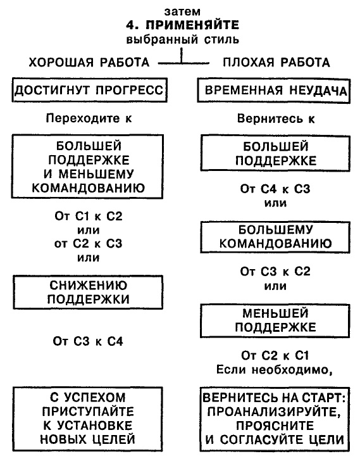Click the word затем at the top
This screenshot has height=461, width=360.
point(183,11)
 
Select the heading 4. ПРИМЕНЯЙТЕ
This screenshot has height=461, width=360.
point(183,26)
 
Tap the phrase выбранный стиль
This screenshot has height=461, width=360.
point(183,41)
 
